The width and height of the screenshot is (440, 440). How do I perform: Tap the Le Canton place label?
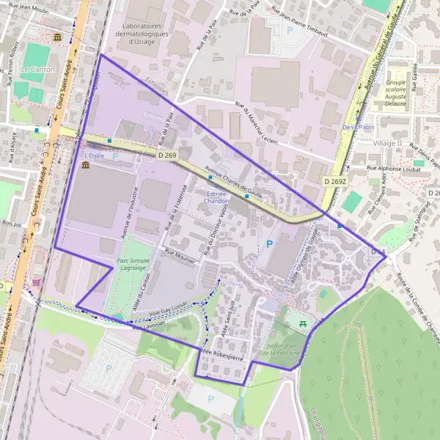pos(33,70)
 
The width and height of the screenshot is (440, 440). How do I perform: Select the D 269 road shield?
pos(166,155)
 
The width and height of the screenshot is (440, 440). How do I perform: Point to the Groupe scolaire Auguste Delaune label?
pos(395,93)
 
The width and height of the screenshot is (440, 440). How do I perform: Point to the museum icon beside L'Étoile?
pos(86,166)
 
